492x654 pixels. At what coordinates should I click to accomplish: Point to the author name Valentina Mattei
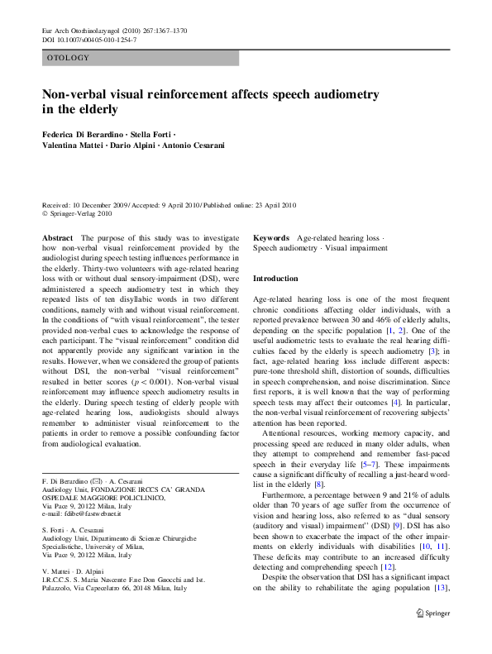tap(75, 146)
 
